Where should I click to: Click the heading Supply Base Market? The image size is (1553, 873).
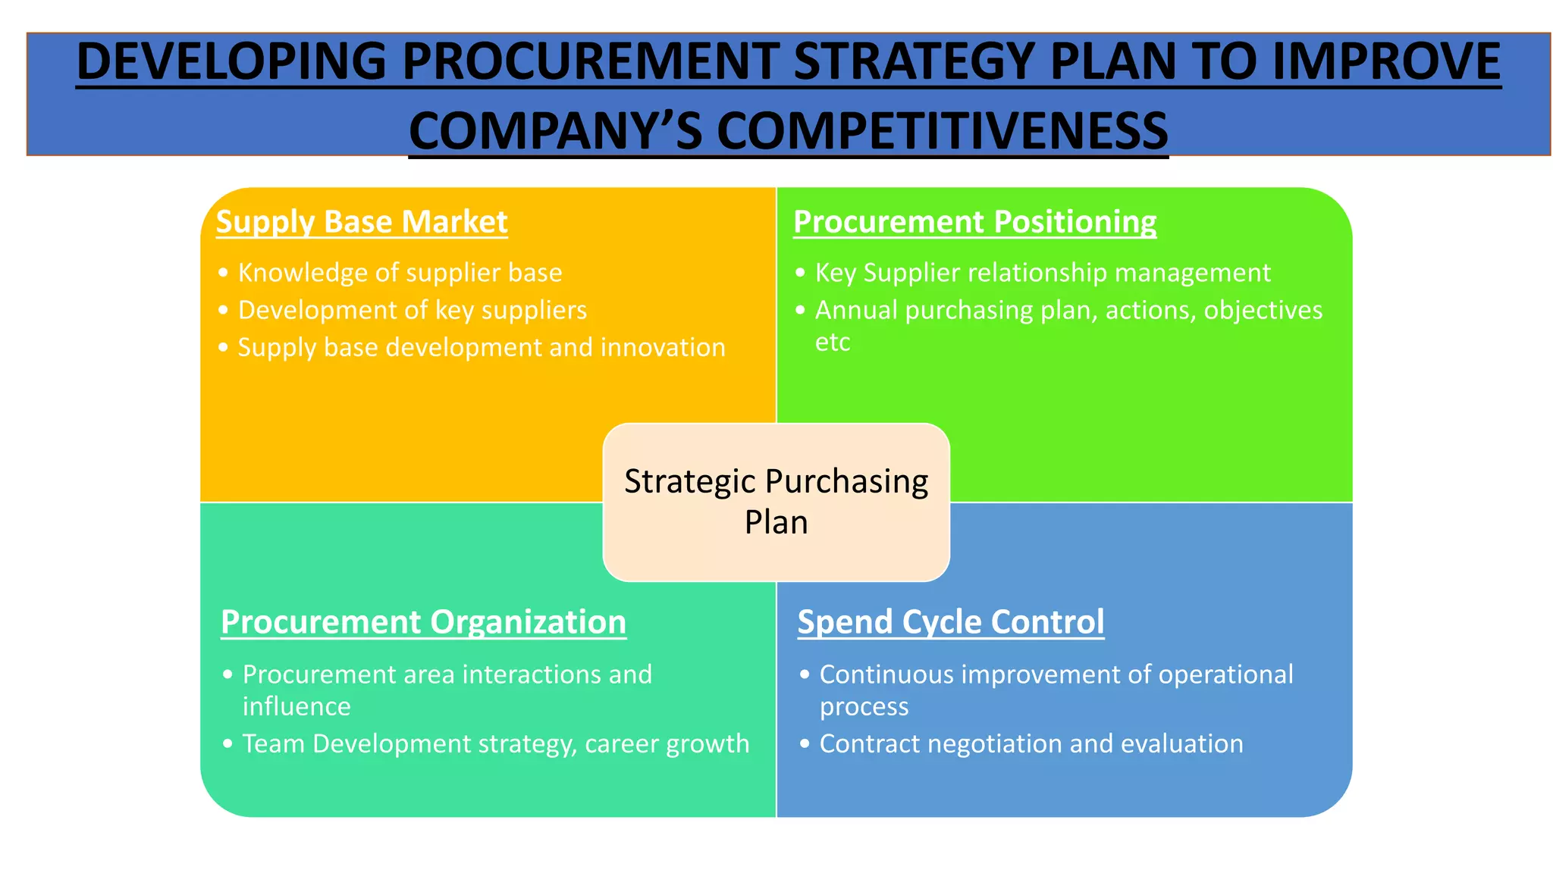[x=362, y=222]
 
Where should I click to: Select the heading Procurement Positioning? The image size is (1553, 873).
[x=974, y=222]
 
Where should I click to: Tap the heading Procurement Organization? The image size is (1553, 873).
[x=423, y=622]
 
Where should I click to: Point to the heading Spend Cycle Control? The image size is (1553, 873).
[x=950, y=622]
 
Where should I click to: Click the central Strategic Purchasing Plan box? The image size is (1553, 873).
[x=776, y=502]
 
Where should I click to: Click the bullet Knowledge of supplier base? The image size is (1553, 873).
[x=400, y=273]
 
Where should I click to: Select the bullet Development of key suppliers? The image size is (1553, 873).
[x=412, y=310]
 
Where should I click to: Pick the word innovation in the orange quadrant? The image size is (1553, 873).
[x=663, y=347]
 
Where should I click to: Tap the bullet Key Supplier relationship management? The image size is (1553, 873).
[x=1042, y=273]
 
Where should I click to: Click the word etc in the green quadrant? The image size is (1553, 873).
[x=832, y=343]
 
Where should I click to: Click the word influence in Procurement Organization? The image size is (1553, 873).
[x=296, y=706]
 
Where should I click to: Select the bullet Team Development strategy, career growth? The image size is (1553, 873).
[x=495, y=743]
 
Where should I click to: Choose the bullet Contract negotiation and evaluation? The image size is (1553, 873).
[x=1031, y=743]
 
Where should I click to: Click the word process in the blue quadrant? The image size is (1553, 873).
[x=864, y=706]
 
